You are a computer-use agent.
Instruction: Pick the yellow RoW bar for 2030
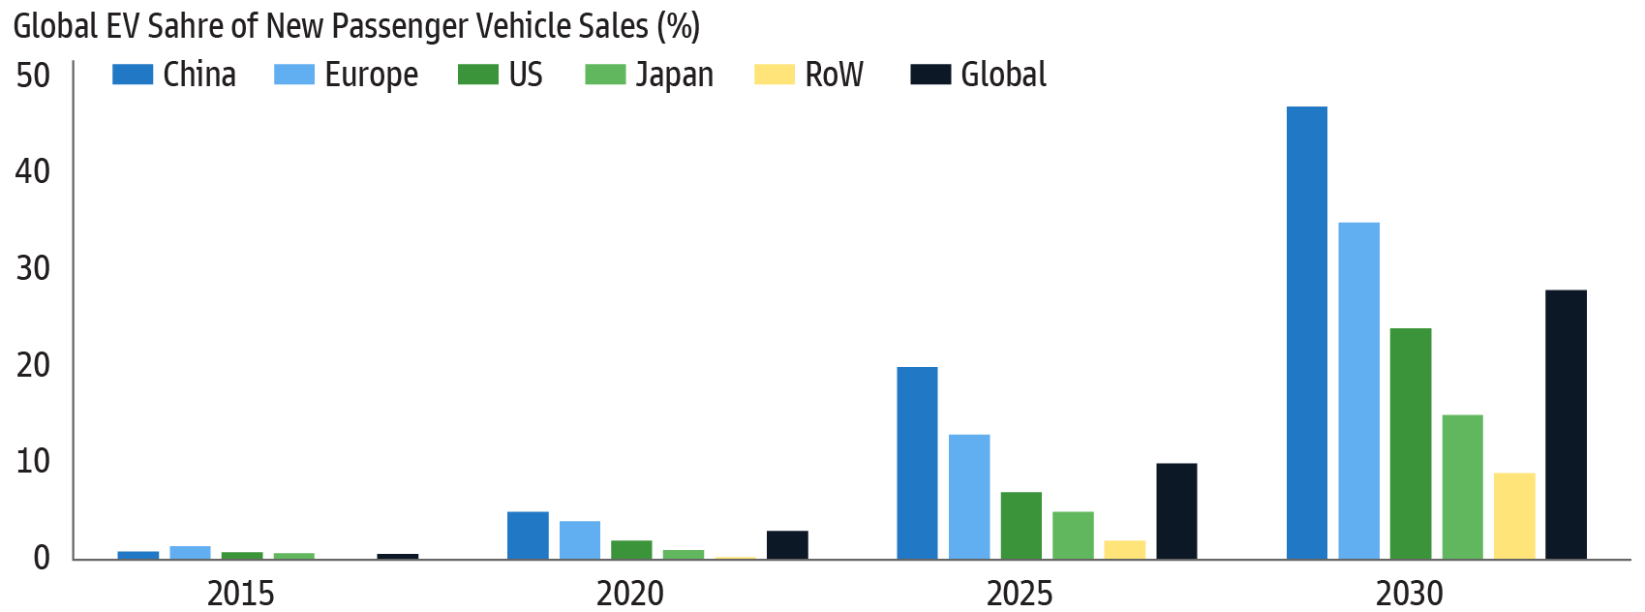click(1513, 515)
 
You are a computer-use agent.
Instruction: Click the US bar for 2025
click(1021, 525)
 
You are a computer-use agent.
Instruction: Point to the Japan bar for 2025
click(1073, 535)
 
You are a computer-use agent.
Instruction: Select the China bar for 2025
click(917, 463)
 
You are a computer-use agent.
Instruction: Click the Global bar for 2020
click(787, 544)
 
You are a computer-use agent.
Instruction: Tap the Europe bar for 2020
click(579, 539)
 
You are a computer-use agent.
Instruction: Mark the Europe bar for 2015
click(190, 553)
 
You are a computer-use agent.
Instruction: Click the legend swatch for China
click(133, 75)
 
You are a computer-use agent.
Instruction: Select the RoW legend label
click(834, 75)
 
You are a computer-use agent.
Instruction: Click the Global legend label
click(1003, 75)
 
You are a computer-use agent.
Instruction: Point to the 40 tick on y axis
click(32, 171)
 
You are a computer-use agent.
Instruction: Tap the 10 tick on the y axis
click(32, 461)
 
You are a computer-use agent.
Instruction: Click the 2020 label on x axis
click(629, 593)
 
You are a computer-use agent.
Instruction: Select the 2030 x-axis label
click(1409, 593)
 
